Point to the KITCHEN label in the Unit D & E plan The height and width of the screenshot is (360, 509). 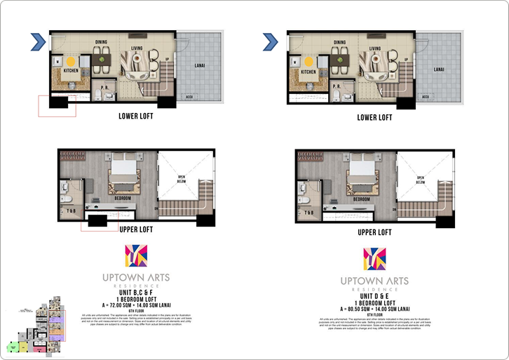click(x=308, y=72)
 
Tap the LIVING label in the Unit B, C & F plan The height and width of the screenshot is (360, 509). click(x=140, y=48)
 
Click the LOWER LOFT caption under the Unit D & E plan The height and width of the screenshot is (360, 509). click(x=374, y=117)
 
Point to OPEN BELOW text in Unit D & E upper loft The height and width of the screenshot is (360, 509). click(x=421, y=178)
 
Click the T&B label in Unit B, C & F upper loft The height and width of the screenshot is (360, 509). click(x=71, y=211)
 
